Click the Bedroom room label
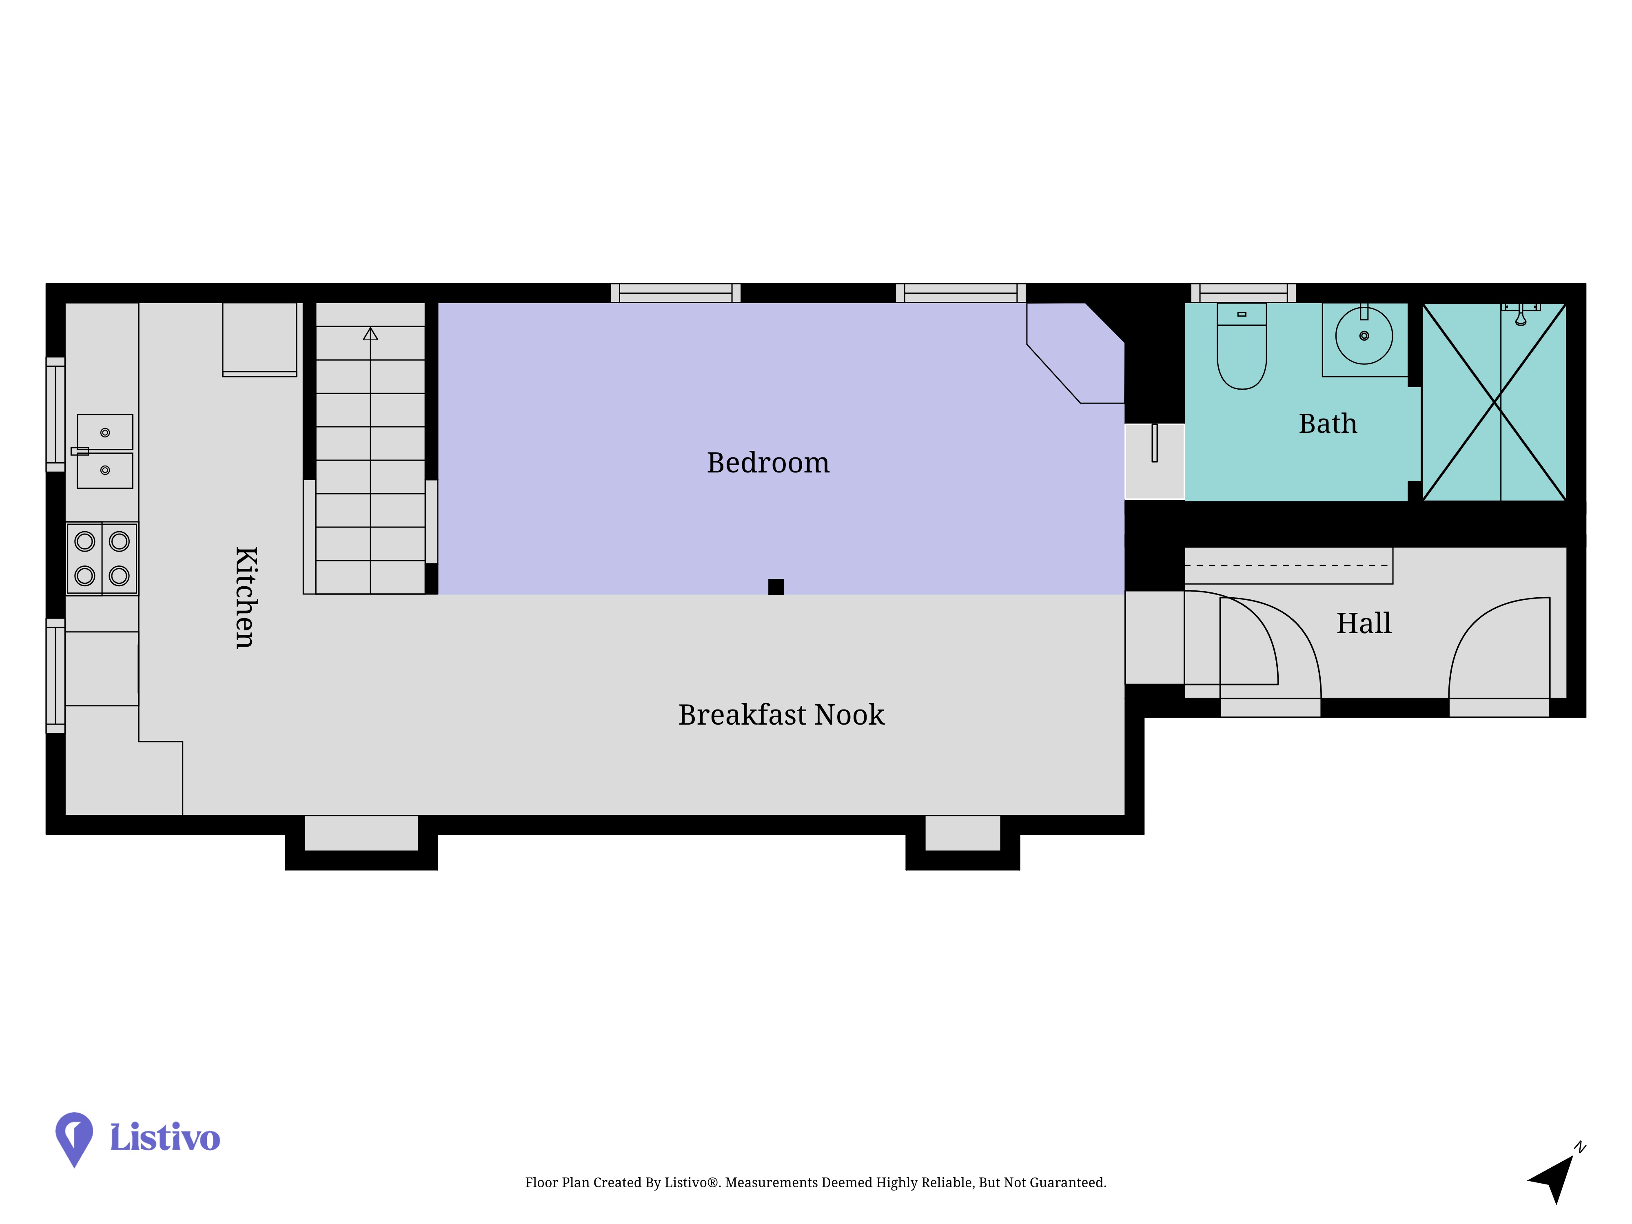pyautogui.click(x=768, y=463)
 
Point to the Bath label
pyautogui.click(x=1328, y=424)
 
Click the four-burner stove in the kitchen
pyautogui.click(x=102, y=559)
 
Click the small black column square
pyautogui.click(x=776, y=587)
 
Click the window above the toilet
pyautogui.click(x=1244, y=293)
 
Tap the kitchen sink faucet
pyautogui.click(x=80, y=451)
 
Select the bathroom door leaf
pyautogui.click(x=1155, y=443)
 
